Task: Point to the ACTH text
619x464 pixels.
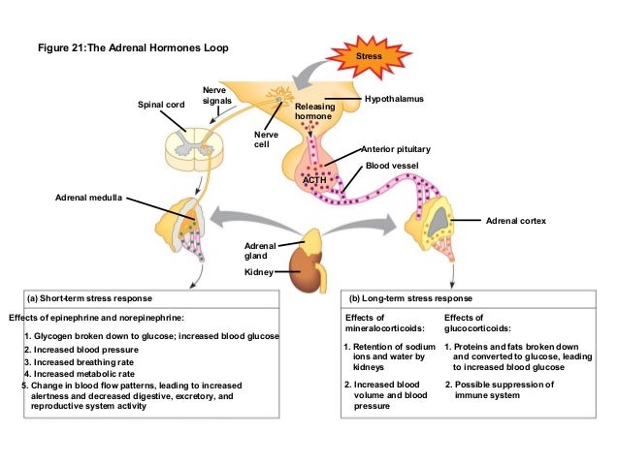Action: click(314, 180)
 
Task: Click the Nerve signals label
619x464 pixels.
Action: click(215, 94)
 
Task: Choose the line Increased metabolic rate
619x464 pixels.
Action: click(81, 373)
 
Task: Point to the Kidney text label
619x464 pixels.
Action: click(257, 273)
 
